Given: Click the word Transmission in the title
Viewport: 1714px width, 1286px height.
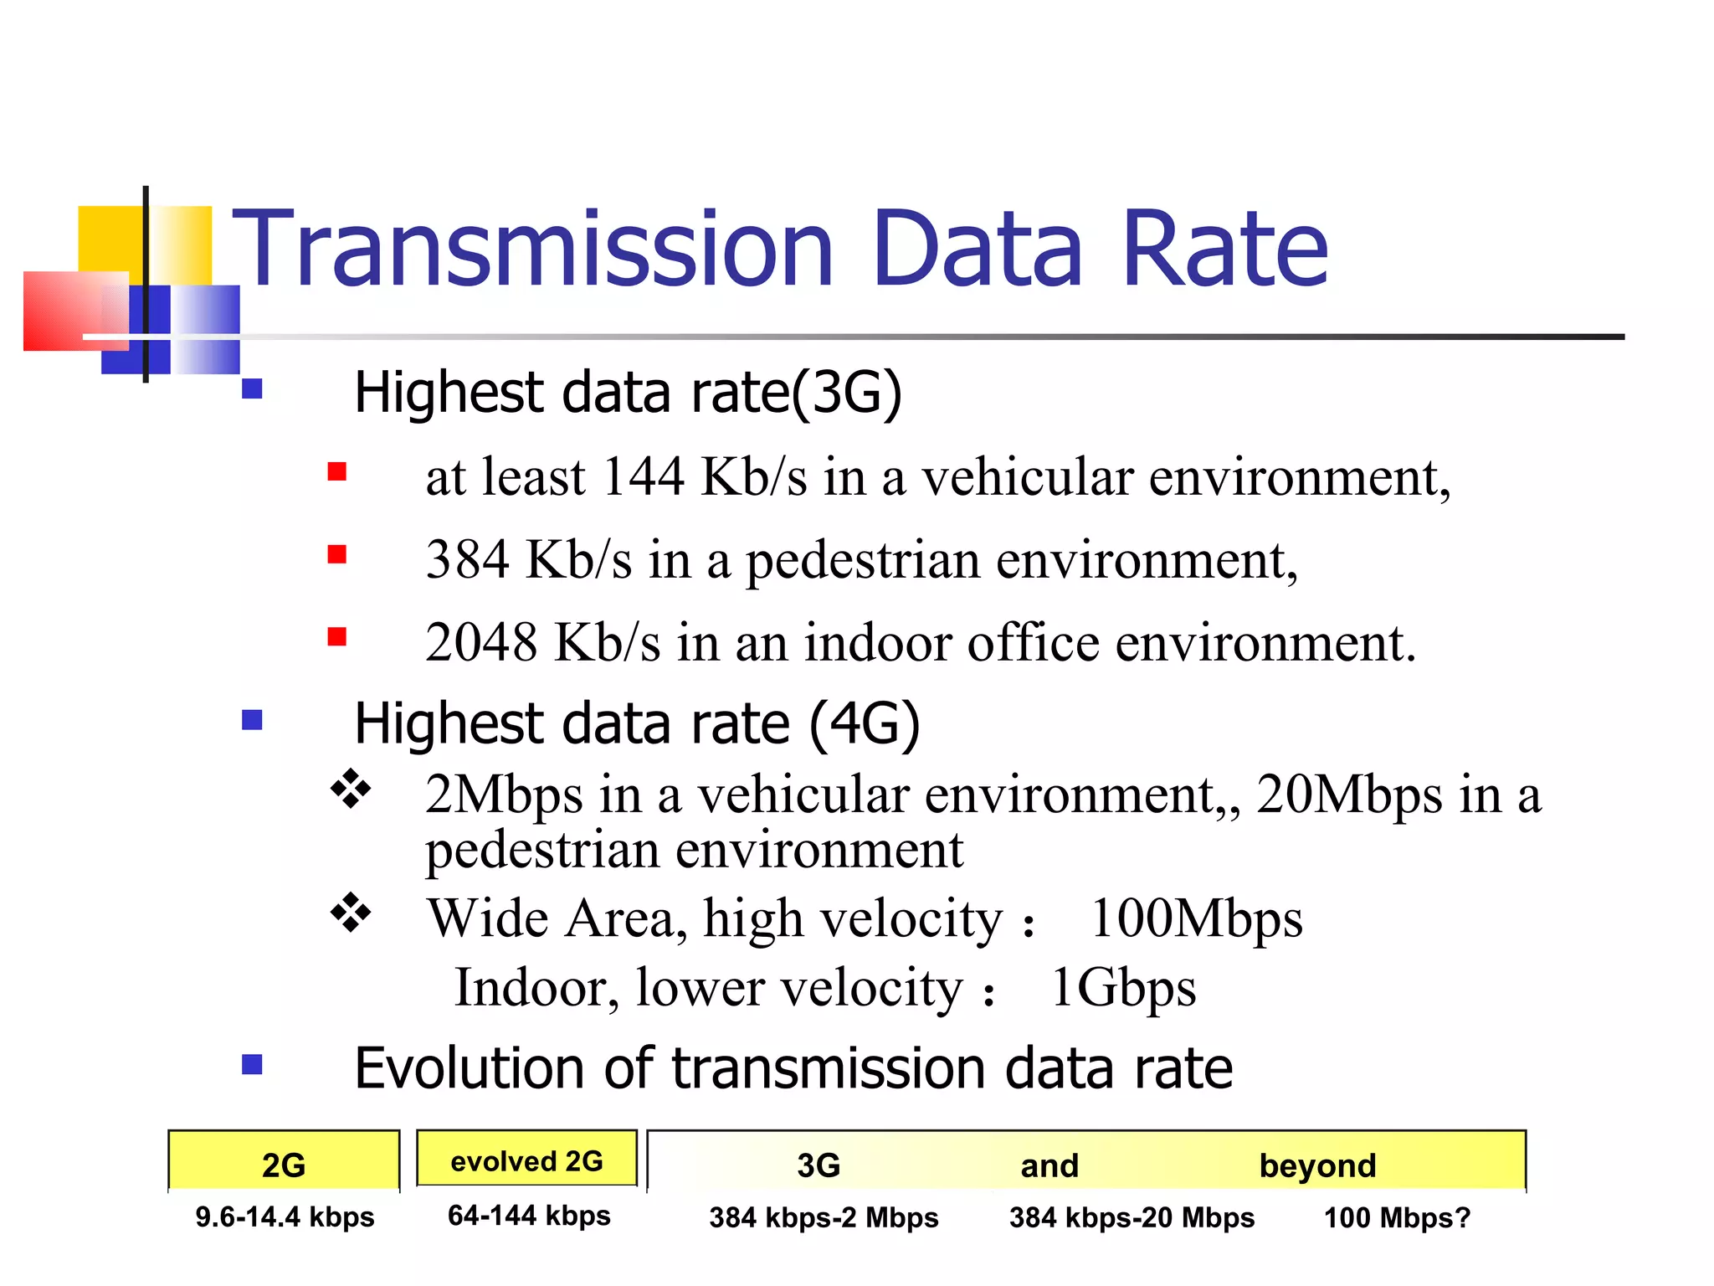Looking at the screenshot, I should pos(532,249).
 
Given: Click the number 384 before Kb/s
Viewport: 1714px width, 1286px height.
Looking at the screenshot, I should pos(467,559).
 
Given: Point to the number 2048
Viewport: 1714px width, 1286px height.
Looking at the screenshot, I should pos(480,643).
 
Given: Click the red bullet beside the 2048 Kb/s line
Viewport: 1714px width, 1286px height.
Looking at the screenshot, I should pos(336,637).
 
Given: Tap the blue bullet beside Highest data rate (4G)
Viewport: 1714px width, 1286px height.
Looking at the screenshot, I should pos(252,720).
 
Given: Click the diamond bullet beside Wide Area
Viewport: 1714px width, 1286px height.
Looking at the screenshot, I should pos(351,912).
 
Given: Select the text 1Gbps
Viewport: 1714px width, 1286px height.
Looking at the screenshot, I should pos(1123,988).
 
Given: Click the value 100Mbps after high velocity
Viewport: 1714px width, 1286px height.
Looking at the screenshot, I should pos(1197,919).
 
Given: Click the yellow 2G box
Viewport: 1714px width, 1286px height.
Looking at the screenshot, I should pos(284,1162).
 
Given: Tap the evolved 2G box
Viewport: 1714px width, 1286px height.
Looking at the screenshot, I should pos(526,1160).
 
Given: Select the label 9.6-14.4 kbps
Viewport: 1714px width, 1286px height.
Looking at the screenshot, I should pos(285,1217).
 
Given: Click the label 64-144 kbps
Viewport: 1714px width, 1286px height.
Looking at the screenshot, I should pos(529,1216).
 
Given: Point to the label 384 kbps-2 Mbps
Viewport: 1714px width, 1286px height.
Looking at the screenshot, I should pos(824,1217).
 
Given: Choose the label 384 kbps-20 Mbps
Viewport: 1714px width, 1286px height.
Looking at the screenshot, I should pos(1132,1217).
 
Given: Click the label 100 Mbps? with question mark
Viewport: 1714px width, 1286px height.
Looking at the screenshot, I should pos(1396,1217).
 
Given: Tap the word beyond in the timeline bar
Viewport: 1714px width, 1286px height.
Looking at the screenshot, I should pos(1317,1165).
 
